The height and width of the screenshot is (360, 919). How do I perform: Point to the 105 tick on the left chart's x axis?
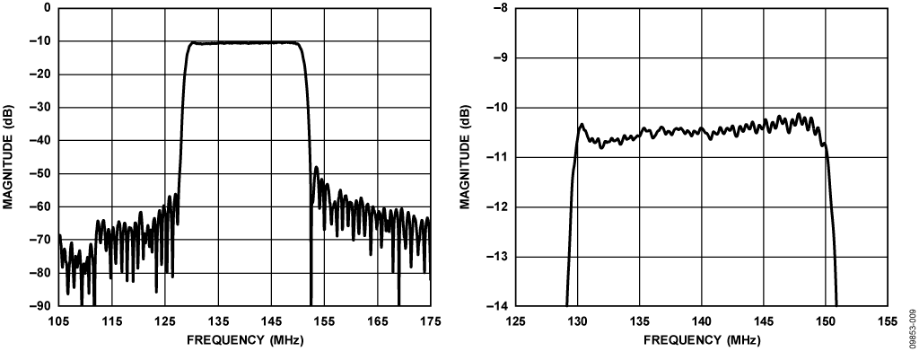(59, 320)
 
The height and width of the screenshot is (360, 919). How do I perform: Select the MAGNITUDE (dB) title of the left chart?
(8, 157)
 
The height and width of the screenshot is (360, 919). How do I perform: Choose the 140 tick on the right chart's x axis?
(702, 320)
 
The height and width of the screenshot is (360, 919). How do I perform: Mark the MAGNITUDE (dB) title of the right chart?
(466, 157)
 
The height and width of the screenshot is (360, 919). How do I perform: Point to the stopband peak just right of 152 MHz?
(316, 167)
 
